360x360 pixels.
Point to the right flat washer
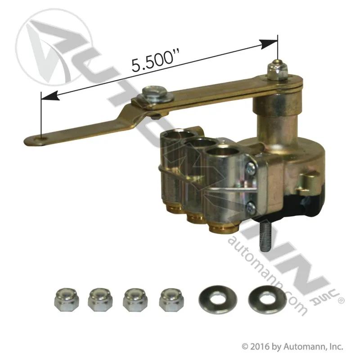point(267,299)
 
